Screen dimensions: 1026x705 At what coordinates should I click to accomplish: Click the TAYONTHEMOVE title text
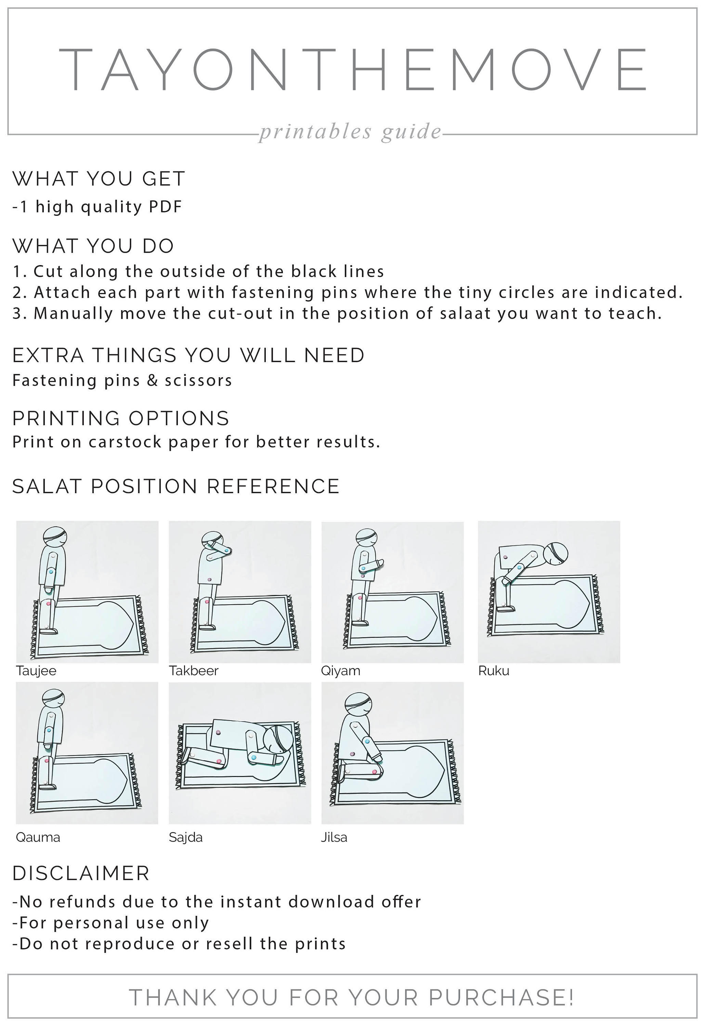point(352,70)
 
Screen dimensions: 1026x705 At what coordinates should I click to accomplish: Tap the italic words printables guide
point(350,132)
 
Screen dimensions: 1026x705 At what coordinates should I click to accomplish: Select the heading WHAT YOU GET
point(99,179)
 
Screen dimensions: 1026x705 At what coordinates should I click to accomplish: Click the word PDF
point(166,207)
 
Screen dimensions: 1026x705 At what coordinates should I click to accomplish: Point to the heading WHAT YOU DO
point(93,246)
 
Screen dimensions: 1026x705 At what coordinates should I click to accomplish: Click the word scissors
point(198,380)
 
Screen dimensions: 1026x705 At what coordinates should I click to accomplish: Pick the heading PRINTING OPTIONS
point(121,418)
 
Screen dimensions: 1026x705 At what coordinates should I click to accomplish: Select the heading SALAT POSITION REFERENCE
point(176,486)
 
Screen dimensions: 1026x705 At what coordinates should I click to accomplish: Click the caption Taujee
point(36,671)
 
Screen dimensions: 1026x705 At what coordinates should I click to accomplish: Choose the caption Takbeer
point(194,671)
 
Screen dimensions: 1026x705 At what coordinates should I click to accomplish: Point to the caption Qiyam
point(341,671)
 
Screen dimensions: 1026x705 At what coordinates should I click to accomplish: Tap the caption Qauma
point(38,838)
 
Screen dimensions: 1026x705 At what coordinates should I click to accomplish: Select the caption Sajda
point(185,838)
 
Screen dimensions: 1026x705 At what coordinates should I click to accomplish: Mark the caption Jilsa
point(334,838)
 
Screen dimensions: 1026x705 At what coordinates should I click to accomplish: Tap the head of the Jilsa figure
point(358,705)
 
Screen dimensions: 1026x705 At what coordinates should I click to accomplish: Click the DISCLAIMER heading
point(81,873)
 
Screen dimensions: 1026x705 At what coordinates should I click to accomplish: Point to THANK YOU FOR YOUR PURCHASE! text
point(352,997)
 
